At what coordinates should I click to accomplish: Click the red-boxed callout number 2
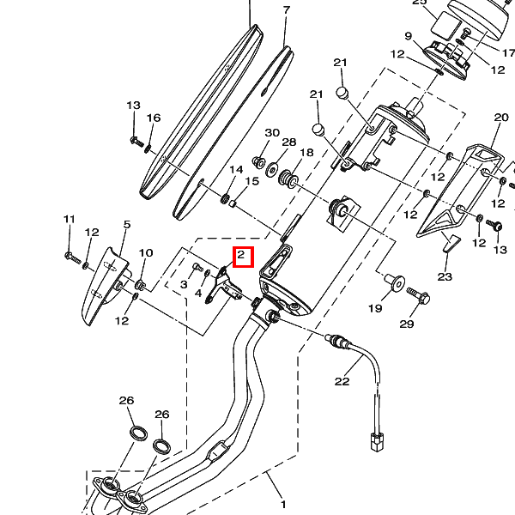pos(242,255)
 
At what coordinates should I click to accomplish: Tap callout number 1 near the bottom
pos(283,505)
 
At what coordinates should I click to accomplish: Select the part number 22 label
pos(342,381)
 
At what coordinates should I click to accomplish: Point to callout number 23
pos(444,276)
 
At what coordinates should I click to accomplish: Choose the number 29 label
pos(407,324)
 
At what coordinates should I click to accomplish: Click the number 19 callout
pos(375,307)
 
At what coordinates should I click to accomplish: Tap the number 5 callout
pos(126,225)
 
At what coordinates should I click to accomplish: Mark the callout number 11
pos(70,220)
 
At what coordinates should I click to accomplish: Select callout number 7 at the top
pos(287,10)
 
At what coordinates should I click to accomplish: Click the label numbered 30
pos(272,133)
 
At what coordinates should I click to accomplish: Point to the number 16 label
pos(154,118)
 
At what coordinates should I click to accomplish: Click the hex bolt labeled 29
pos(420,296)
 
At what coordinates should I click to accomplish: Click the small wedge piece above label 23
pos(446,245)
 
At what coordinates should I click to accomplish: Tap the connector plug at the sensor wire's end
pos(375,444)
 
